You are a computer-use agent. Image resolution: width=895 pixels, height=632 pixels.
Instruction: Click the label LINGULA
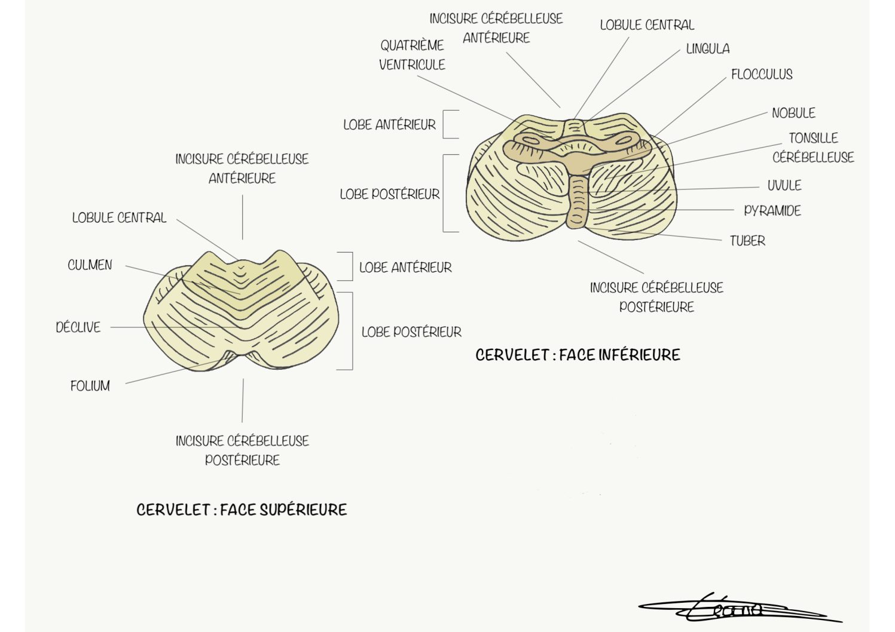(708, 49)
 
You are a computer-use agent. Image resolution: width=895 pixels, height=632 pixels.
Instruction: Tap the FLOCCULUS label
(762, 74)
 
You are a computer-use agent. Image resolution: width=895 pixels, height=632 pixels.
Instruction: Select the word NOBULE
(793, 113)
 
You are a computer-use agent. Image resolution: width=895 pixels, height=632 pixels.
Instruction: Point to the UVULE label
(784, 185)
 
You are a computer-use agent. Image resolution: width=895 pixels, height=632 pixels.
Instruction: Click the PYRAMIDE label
(772, 210)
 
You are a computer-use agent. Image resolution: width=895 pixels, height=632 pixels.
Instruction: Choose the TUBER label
(747, 241)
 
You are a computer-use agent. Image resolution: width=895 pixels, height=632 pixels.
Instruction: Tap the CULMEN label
(90, 265)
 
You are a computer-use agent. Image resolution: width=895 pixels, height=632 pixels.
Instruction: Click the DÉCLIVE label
(78, 327)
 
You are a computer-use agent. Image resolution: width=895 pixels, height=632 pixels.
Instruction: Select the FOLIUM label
(90, 386)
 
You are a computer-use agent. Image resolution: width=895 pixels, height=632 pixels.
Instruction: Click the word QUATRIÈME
(412, 45)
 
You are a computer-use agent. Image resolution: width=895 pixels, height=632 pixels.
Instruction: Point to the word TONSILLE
(813, 138)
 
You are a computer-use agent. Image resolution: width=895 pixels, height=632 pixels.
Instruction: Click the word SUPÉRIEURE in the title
(303, 510)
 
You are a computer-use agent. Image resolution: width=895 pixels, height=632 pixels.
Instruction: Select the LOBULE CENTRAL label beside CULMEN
(119, 217)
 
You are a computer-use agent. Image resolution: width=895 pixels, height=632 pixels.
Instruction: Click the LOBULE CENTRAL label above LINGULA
(647, 24)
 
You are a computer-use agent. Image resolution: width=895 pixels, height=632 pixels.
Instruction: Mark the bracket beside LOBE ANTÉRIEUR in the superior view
(352, 266)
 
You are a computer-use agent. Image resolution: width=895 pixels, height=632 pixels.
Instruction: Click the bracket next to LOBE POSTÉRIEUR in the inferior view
(443, 193)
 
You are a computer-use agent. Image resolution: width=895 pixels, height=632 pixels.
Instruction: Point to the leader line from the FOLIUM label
(175, 372)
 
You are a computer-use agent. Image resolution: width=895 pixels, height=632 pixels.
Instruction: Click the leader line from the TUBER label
(667, 235)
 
